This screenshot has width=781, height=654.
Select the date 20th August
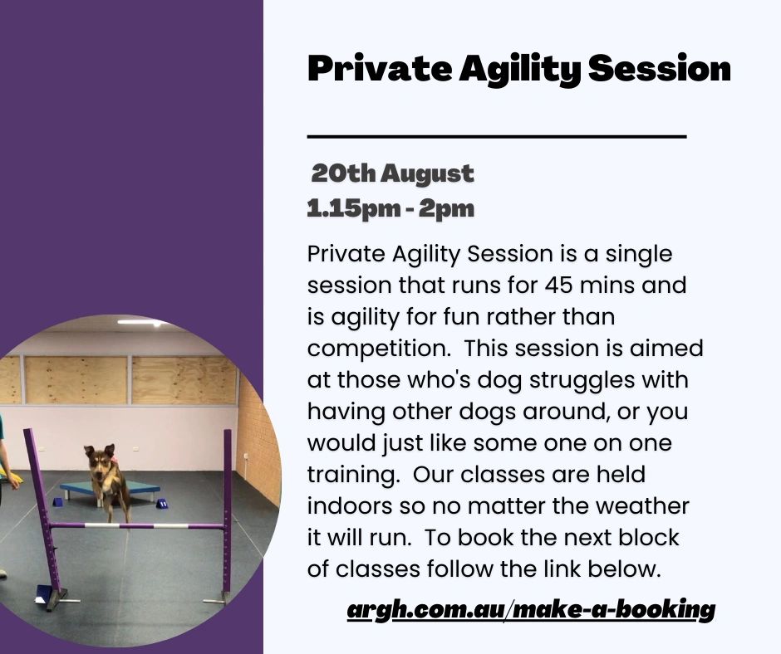[x=392, y=174]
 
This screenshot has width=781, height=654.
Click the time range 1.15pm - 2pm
[x=390, y=209]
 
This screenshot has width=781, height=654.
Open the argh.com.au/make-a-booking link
[x=531, y=610]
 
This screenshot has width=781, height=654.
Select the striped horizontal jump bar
[x=137, y=525]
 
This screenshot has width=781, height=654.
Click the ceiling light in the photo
[x=141, y=322]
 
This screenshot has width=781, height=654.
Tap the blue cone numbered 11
[x=161, y=504]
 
